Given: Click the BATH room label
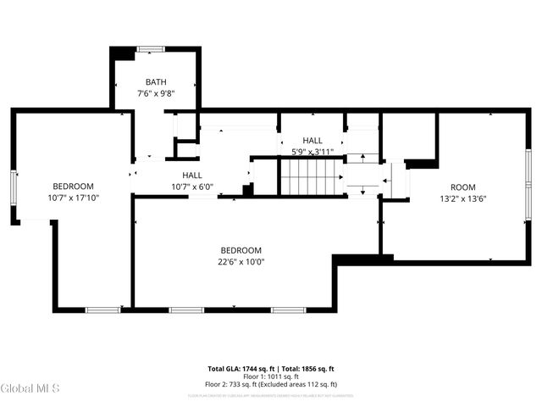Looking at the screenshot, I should (x=155, y=82).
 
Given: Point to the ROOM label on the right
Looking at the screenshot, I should (x=462, y=187).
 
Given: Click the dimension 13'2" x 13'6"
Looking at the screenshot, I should (x=462, y=199).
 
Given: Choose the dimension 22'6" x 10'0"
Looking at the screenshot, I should (x=241, y=262).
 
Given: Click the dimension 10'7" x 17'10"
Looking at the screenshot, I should (x=73, y=198).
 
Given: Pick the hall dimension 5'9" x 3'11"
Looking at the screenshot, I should (x=312, y=153).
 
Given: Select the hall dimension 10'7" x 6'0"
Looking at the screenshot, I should (x=191, y=187).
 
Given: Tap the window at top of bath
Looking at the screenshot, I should (x=152, y=49).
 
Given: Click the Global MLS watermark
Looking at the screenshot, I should (x=30, y=388).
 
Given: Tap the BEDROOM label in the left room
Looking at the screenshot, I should (x=73, y=187).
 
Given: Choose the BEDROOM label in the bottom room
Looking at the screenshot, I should (x=241, y=250).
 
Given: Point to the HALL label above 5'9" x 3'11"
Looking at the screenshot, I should (x=312, y=141).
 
